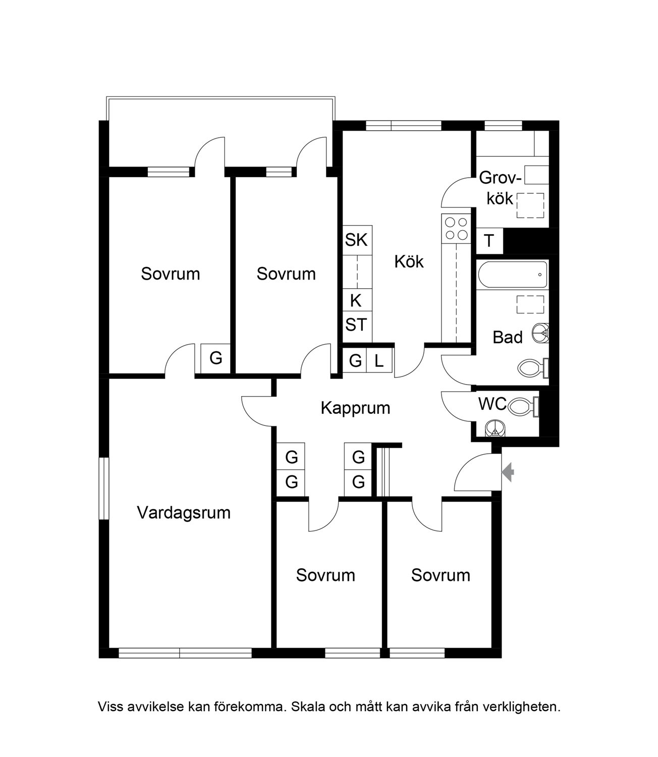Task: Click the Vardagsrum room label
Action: pyautogui.click(x=184, y=513)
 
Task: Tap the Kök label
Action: pyautogui.click(x=409, y=261)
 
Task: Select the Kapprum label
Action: pyautogui.click(x=355, y=408)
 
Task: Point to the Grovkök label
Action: pyautogui.click(x=501, y=188)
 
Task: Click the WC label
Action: pyautogui.click(x=492, y=404)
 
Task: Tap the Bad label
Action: pyautogui.click(x=508, y=338)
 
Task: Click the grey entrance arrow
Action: pyautogui.click(x=508, y=472)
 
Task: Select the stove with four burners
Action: pyautogui.click(x=456, y=229)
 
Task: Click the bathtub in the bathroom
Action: pyautogui.click(x=512, y=275)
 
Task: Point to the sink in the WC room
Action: pyautogui.click(x=495, y=428)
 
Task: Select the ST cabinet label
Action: pyautogui.click(x=356, y=325)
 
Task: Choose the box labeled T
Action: pyautogui.click(x=489, y=241)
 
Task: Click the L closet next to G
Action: pyautogui.click(x=379, y=360)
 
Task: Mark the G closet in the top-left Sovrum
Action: pyautogui.click(x=215, y=358)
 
